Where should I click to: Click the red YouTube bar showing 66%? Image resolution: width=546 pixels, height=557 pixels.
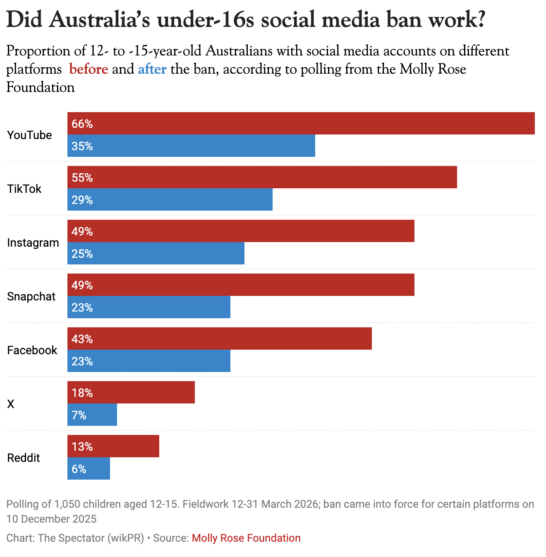click(x=301, y=123)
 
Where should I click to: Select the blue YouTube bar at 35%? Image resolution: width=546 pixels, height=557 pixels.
click(x=191, y=146)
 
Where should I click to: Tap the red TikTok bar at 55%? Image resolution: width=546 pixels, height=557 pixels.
click(x=262, y=177)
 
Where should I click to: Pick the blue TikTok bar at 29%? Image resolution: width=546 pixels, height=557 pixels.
click(x=170, y=199)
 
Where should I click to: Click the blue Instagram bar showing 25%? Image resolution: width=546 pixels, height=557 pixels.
click(x=156, y=253)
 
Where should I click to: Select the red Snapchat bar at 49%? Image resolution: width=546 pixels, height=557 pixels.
click(x=241, y=285)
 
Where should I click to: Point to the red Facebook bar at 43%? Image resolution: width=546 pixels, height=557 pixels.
click(x=219, y=339)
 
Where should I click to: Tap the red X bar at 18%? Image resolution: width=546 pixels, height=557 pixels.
click(x=131, y=392)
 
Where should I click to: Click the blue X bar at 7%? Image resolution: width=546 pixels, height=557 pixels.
click(x=92, y=415)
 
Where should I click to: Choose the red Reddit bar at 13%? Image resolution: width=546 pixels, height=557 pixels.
click(x=113, y=446)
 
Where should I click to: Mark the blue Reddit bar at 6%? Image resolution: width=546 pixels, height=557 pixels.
click(x=89, y=468)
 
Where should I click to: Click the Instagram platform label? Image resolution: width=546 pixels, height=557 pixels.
click(x=33, y=243)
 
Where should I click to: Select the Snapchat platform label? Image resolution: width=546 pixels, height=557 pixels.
click(x=31, y=297)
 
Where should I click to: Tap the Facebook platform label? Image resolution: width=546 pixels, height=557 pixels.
click(x=32, y=351)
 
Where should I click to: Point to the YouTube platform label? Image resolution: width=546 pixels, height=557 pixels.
click(x=29, y=135)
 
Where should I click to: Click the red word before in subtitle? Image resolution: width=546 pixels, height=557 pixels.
click(x=89, y=69)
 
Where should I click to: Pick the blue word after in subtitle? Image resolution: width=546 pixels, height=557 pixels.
click(x=152, y=69)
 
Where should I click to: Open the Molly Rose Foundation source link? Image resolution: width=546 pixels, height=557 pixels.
click(x=246, y=538)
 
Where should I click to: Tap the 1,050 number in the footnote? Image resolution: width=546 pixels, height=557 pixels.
click(x=66, y=504)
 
